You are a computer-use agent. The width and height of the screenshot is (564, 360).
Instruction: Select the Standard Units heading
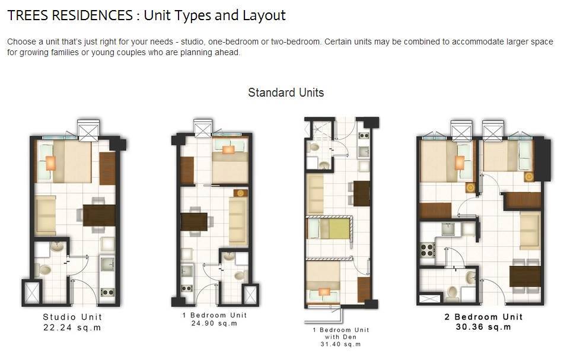286,93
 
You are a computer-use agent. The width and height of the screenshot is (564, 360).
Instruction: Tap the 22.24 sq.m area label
72,327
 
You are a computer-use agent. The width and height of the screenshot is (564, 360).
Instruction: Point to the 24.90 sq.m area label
214,323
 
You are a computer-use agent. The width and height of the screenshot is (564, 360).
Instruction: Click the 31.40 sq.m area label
340,344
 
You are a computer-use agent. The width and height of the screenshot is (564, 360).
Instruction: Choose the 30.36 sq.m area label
483,327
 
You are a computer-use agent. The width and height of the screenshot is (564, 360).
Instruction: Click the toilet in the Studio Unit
44,269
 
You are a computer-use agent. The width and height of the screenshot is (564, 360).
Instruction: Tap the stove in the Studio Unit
107,292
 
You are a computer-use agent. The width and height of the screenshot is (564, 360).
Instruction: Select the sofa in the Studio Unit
46,215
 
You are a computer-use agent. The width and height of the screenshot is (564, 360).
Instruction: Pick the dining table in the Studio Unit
99,215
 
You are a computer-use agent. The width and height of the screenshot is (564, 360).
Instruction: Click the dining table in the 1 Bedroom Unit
194,222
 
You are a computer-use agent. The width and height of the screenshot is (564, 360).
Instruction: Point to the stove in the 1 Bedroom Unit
187,288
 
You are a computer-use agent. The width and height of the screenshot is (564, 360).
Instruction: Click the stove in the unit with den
364,136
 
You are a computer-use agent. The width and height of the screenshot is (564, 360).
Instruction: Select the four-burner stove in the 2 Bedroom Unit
428,249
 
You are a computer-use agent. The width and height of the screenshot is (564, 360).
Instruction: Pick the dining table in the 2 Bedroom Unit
525,276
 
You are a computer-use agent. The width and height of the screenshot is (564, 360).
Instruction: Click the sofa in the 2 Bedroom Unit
530,231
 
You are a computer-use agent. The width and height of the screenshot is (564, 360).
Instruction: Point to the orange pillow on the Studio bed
51,163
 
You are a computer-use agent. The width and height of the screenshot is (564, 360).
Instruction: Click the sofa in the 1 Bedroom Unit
238,222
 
